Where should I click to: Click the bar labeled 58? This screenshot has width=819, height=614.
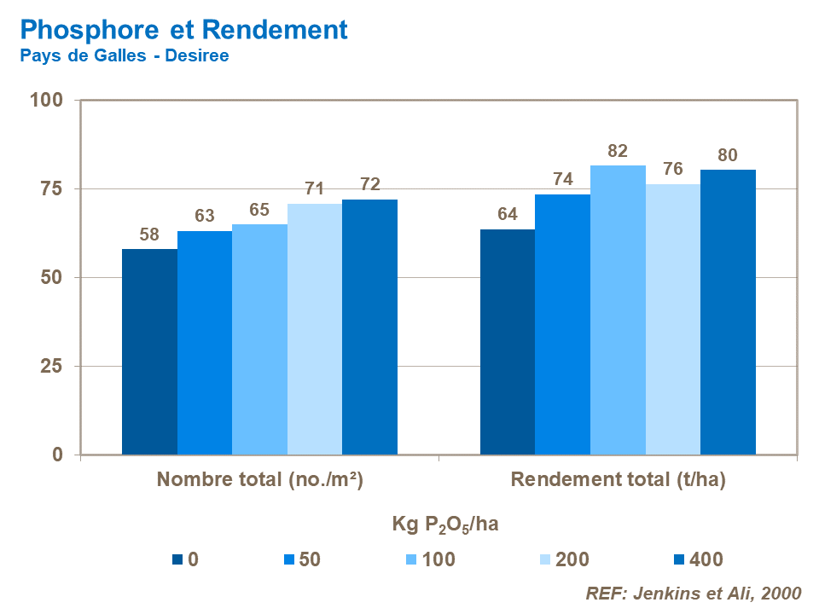pyautogui.click(x=149, y=351)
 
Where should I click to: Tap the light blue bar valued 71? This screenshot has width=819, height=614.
pyautogui.click(x=315, y=328)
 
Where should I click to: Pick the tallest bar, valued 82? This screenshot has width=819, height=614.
pyautogui.click(x=618, y=310)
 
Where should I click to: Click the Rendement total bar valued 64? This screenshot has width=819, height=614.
pyautogui.click(x=508, y=341)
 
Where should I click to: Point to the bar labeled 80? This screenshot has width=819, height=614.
pyautogui.click(x=728, y=312)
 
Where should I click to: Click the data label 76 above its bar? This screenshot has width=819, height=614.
pyautogui.click(x=673, y=169)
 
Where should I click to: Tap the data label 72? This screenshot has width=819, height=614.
pyautogui.click(x=369, y=184)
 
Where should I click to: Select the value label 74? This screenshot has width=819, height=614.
pyautogui.click(x=563, y=179)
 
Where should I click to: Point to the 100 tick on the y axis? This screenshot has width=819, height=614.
pyautogui.click(x=47, y=101)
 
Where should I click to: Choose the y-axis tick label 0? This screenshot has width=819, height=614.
pyautogui.click(x=58, y=455)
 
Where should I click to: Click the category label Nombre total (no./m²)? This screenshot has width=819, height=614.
pyautogui.click(x=260, y=480)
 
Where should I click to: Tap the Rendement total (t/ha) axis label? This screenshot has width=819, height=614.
pyautogui.click(x=618, y=480)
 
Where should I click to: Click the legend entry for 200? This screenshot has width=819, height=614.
pyautogui.click(x=572, y=560)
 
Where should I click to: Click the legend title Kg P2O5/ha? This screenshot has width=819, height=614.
pyautogui.click(x=444, y=524)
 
